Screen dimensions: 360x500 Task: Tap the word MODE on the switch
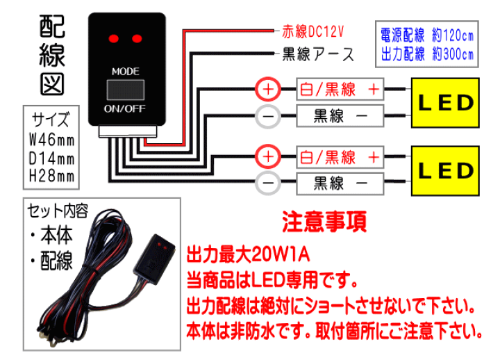(x=126, y=71)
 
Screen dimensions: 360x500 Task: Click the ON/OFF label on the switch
(x=125, y=109)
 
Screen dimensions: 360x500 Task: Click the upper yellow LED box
(x=445, y=104)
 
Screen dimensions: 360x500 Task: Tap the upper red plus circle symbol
(x=269, y=90)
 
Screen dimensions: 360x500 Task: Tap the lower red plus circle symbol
(x=269, y=157)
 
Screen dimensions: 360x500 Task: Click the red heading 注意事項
(x=324, y=222)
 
